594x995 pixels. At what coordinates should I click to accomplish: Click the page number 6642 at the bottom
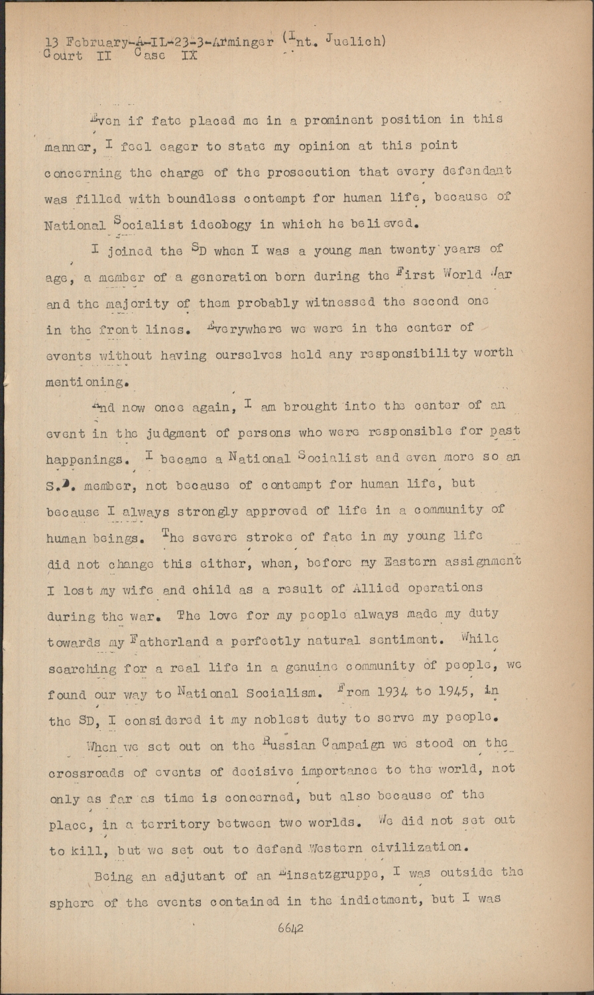(x=290, y=928)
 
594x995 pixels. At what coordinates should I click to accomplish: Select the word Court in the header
(x=64, y=56)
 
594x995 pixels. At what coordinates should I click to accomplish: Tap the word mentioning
(x=86, y=381)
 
